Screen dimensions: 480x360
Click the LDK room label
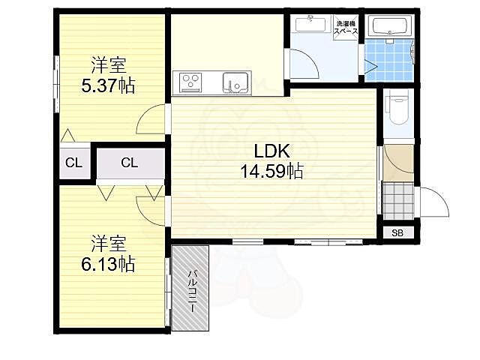[271, 151]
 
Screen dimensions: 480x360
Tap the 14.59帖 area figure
[271, 171]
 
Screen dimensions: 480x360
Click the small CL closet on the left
[73, 163]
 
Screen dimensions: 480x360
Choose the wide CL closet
[130, 163]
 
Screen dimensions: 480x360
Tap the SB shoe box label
[397, 233]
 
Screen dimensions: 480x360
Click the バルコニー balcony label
[192, 291]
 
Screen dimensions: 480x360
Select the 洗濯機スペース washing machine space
[346, 28]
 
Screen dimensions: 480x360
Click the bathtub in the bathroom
[389, 26]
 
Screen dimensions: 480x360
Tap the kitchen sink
[235, 82]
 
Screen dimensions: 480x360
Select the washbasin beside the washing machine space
[310, 25]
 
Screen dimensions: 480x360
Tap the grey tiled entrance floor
[398, 200]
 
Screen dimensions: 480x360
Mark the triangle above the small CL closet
[67, 136]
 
